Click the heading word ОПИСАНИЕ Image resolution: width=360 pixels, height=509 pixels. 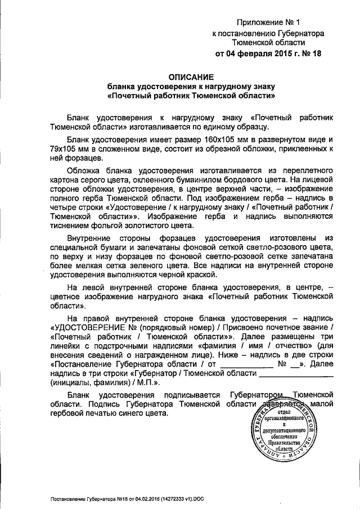point(191,77)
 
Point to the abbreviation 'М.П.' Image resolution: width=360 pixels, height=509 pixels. point(150,382)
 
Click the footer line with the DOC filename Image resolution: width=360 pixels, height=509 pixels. point(133,498)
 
